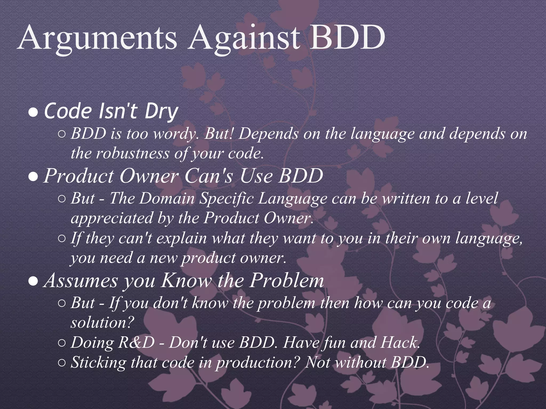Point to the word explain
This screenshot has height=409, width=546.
pyautogui.click(x=182, y=238)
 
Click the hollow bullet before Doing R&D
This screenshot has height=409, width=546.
pyautogui.click(x=61, y=343)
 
